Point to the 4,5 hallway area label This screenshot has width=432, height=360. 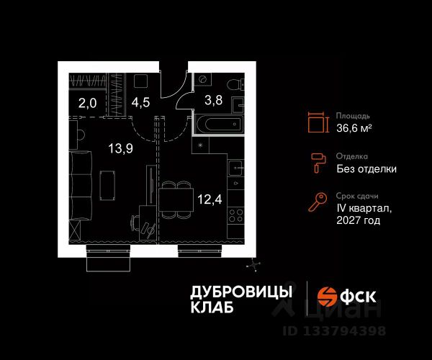[x=140, y=102]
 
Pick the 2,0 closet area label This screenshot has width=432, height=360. [x=87, y=102]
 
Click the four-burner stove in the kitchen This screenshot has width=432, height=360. [x=235, y=214]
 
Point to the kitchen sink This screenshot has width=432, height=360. [x=237, y=170]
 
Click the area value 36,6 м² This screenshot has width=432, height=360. [x=354, y=128]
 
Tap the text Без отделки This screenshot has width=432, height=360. [x=366, y=169]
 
